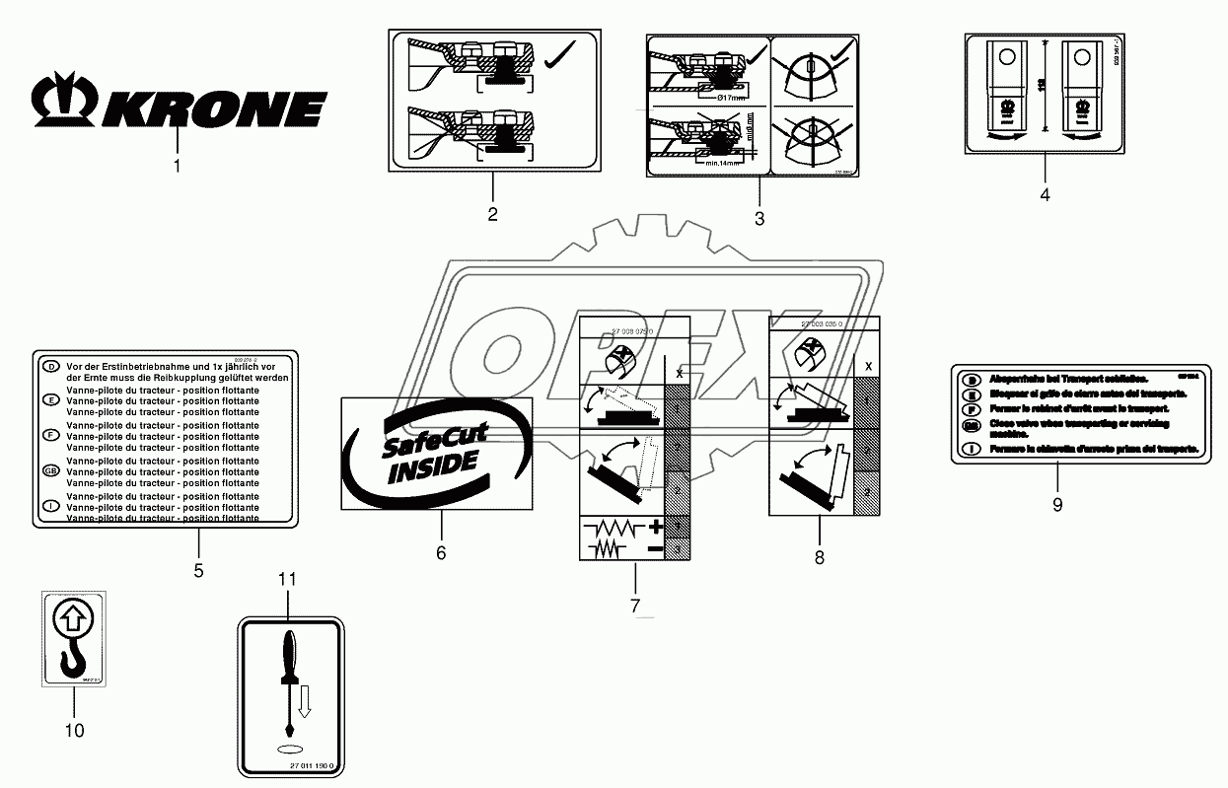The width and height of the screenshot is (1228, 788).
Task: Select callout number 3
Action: pos(759,219)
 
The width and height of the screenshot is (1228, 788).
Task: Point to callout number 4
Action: pos(1045,194)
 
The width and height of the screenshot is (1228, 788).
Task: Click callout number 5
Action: pos(198,569)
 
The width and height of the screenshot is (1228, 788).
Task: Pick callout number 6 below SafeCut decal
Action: pos(441,553)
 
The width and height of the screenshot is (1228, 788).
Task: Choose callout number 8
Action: pos(820,557)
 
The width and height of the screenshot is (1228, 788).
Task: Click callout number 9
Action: pos(1057,504)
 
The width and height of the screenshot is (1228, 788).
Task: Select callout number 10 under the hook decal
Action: pos(74,731)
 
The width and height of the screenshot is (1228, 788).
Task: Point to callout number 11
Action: pos(287,579)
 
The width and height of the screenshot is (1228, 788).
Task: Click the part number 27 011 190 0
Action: pos(314,766)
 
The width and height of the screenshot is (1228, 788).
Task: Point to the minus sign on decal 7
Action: pos(654,546)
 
